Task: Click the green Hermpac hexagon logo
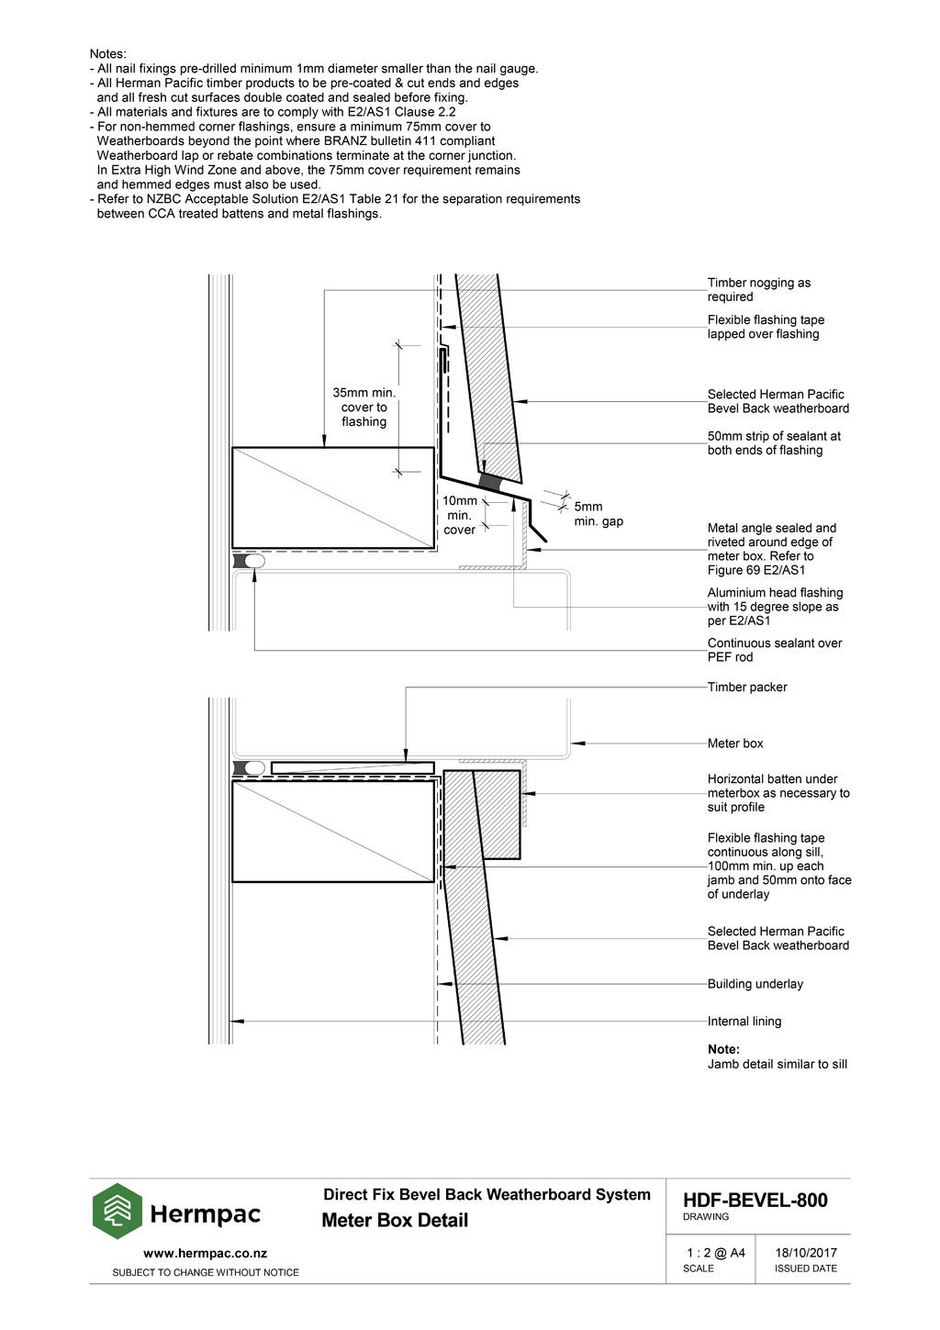point(117,1212)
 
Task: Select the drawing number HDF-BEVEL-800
point(755,1201)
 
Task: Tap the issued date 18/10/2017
point(805,1253)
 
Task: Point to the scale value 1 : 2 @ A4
point(715,1253)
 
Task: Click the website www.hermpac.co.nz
point(205,1253)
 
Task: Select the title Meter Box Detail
point(395,1221)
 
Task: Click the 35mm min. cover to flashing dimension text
point(364,408)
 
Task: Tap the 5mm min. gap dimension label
point(598,514)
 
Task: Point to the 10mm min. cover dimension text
point(460,515)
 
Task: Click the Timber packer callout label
point(746,687)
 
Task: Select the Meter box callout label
point(734,743)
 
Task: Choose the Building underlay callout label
point(755,984)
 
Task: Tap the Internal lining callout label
point(744,1022)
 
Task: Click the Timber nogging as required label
point(758,290)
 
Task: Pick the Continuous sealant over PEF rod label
point(774,650)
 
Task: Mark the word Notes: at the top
point(108,54)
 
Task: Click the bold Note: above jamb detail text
point(723,1049)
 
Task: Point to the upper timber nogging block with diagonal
point(332,497)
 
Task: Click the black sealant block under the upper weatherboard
point(490,483)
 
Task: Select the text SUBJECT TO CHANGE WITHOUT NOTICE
point(205,1273)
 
